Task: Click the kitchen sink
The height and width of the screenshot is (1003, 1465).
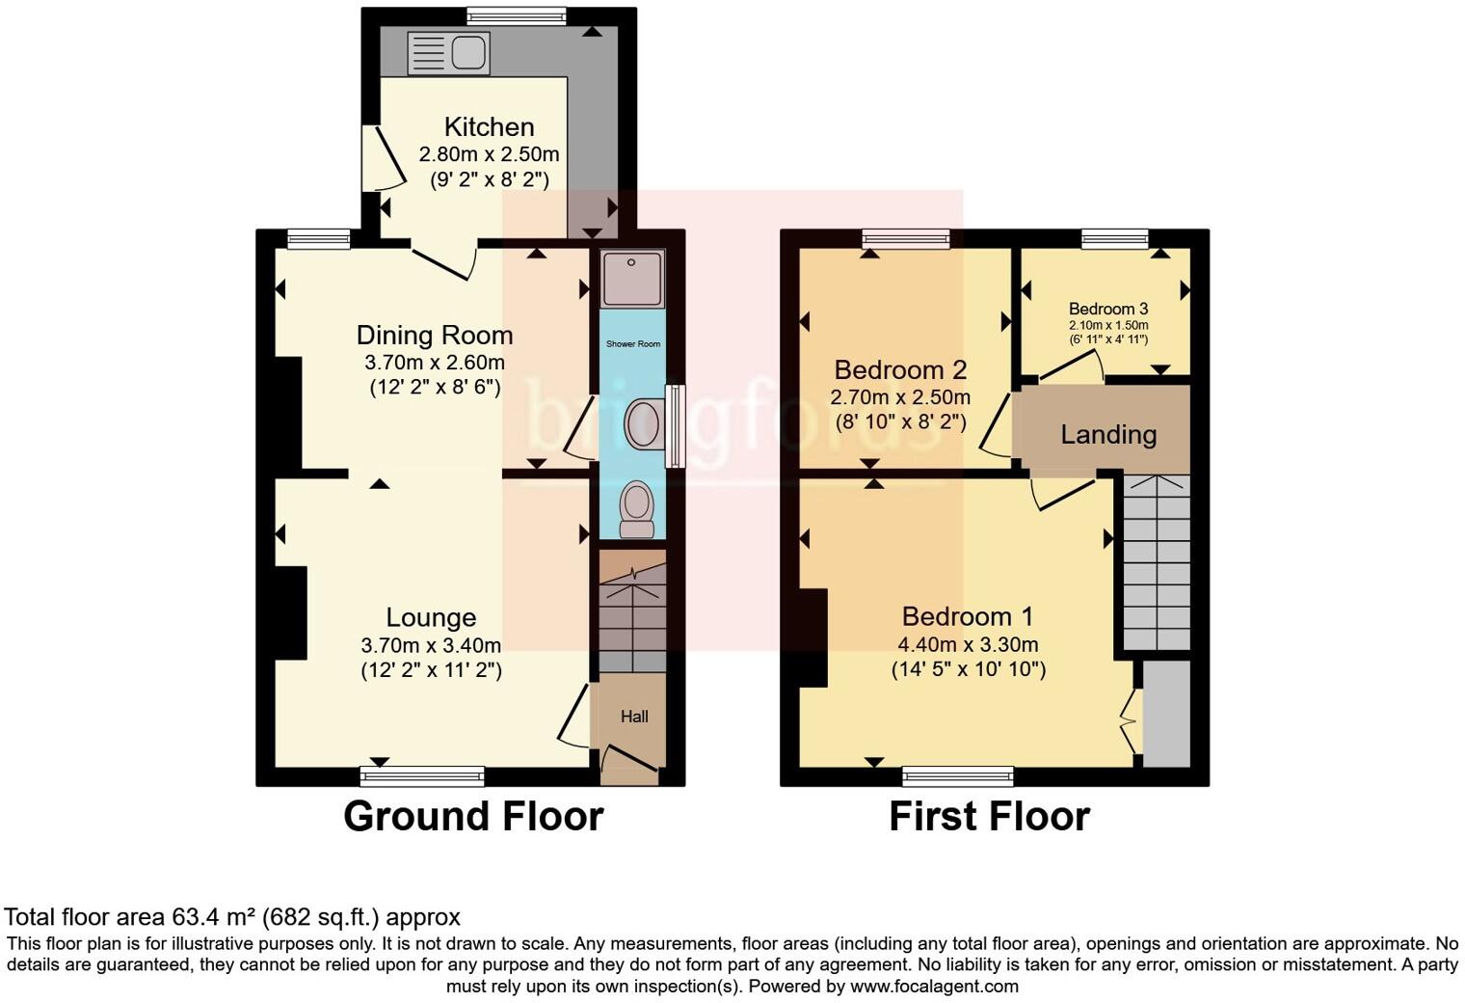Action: tap(448, 52)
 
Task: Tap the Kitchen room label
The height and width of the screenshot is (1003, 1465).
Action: tap(489, 126)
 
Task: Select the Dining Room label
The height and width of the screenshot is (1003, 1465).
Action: tap(435, 335)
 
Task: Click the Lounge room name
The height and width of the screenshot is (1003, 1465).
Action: tap(431, 617)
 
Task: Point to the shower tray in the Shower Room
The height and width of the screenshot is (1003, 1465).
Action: tap(632, 279)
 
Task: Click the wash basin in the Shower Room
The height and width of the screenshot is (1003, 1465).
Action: tap(643, 424)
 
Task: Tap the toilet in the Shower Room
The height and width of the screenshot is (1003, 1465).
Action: tap(636, 508)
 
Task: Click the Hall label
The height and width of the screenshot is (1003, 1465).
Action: tap(634, 717)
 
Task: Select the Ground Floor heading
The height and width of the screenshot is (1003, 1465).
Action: tap(473, 816)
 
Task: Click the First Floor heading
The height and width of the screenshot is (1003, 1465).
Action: tap(989, 816)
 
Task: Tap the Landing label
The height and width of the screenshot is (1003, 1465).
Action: tap(1108, 434)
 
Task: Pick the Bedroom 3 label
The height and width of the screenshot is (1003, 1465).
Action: tap(1108, 309)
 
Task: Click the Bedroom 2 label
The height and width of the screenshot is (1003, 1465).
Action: tap(900, 369)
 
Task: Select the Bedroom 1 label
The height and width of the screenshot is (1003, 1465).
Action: tap(968, 616)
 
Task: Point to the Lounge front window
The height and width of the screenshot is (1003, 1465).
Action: tap(422, 775)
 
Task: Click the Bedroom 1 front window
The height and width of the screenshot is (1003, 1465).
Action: tap(958, 775)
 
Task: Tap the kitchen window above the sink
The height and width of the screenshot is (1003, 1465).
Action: tap(517, 15)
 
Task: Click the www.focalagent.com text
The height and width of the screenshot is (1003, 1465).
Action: tap(933, 986)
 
